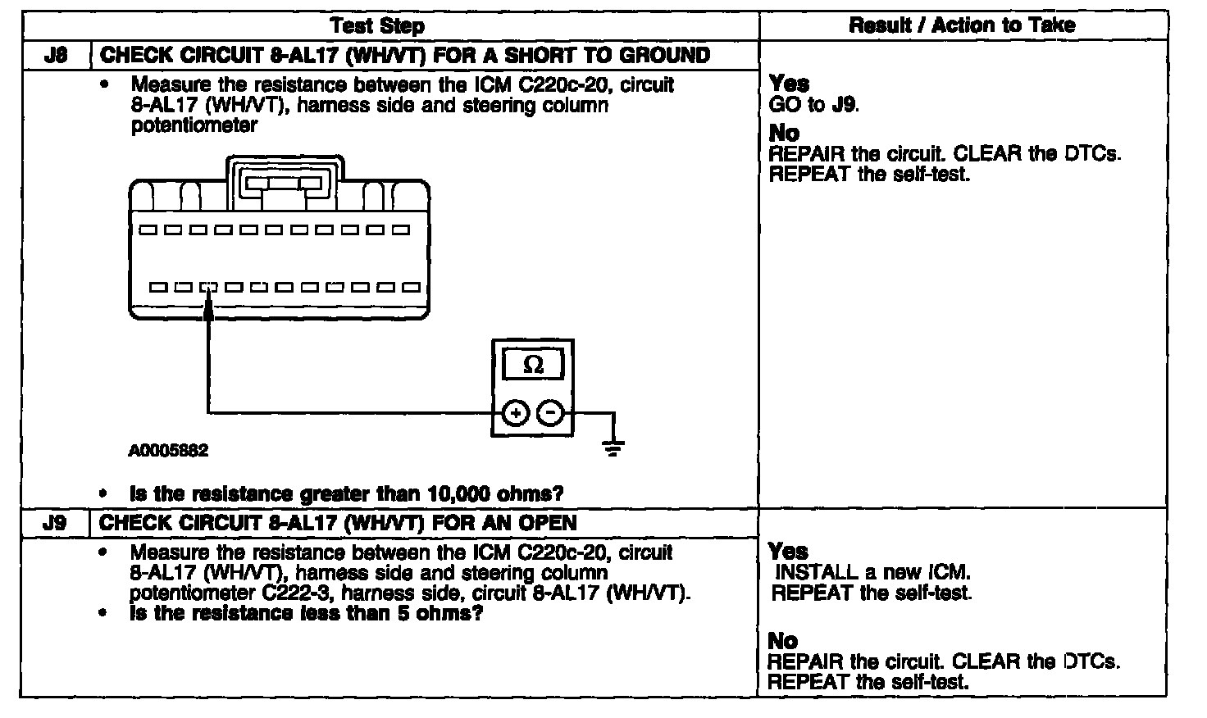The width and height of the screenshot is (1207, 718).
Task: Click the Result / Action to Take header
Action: click(962, 25)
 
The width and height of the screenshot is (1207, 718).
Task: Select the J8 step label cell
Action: click(55, 56)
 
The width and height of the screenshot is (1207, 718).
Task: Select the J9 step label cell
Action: click(55, 522)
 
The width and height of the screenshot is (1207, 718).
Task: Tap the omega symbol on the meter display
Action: click(533, 365)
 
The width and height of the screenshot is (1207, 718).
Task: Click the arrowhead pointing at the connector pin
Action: click(209, 303)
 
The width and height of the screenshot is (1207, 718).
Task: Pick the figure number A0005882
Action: click(168, 451)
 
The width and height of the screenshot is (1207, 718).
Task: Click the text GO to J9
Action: click(814, 105)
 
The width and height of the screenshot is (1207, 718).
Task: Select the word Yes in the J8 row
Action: click(789, 84)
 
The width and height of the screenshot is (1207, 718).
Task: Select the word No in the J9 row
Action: click(783, 640)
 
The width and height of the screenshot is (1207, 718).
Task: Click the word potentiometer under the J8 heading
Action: click(194, 125)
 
